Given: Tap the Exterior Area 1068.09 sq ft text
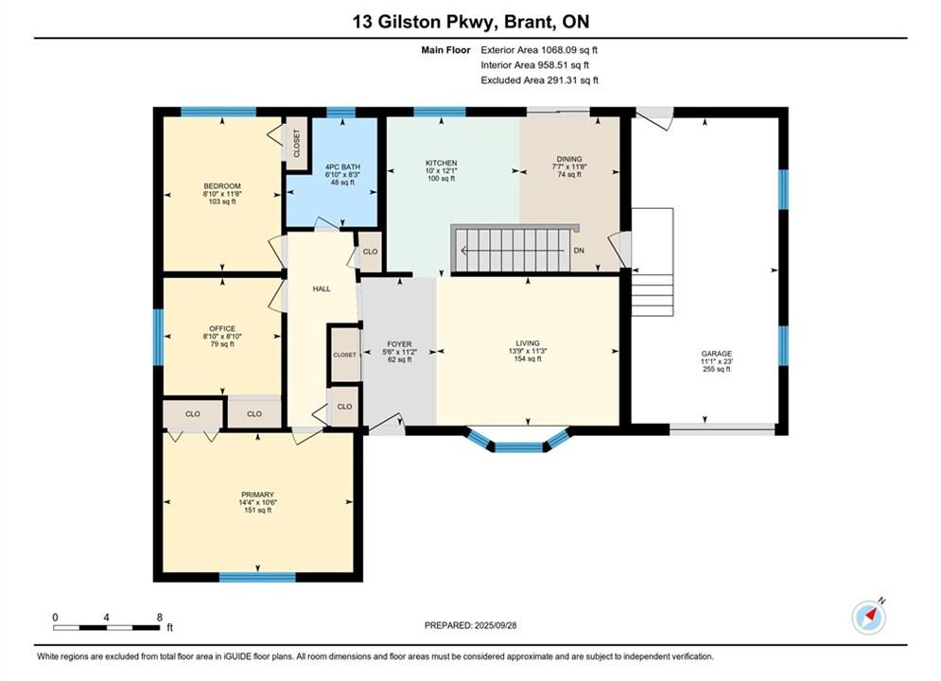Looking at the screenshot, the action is pos(539,50).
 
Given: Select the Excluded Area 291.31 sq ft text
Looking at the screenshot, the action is pos(539,80).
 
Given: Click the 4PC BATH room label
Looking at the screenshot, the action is pos(342,166).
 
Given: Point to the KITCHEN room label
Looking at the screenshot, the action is pos(441,164).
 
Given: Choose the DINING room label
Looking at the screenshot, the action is pos(569,159).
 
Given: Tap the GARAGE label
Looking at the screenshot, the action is pos(717,354).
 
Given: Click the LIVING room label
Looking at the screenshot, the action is pos(528,343).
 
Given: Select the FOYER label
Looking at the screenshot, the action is pos(399,344).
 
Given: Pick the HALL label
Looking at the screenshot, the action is pos(322,288).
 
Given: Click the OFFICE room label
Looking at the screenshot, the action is pos(222,329).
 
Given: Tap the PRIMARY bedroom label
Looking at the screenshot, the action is pos(257,495).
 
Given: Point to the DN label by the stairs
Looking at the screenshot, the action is pos(579,251).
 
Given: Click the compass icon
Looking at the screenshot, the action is pos(868,617).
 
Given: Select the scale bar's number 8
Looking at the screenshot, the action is pos(160,617).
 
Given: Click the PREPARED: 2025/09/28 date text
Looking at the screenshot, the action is pos(471,625).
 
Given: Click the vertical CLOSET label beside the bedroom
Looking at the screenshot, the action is pos(296,144).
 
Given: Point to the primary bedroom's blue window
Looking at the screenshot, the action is pos(257,577).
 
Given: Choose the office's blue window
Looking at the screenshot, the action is pos(159,338).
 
